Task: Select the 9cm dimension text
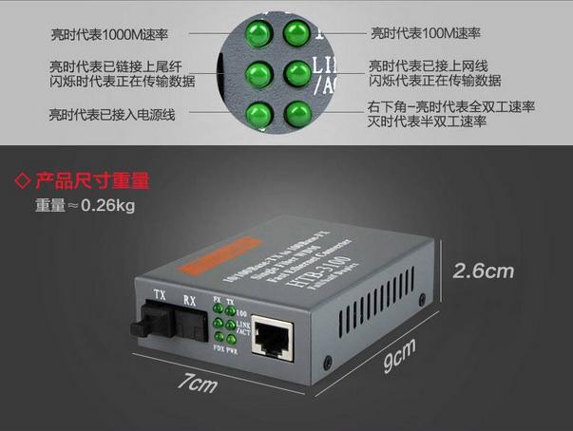coord(398,359)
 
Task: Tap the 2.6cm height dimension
coord(482,272)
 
